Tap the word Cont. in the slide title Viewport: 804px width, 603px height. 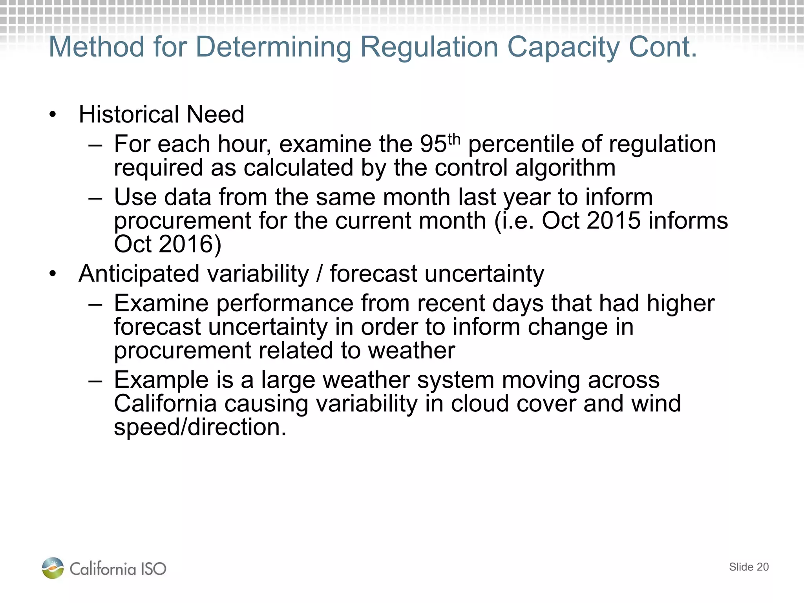pos(663,47)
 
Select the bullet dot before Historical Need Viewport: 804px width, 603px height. pos(53,115)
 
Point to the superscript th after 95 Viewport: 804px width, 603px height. pos(454,139)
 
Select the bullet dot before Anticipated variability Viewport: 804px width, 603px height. pos(53,274)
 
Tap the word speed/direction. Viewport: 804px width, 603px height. pos(200,427)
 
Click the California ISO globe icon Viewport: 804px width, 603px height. pos(53,568)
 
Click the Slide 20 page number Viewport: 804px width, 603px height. pos(749,567)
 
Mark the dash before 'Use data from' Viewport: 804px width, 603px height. pos(95,197)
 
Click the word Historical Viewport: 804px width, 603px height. pos(129,115)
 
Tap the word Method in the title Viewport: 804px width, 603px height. pos(97,48)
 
